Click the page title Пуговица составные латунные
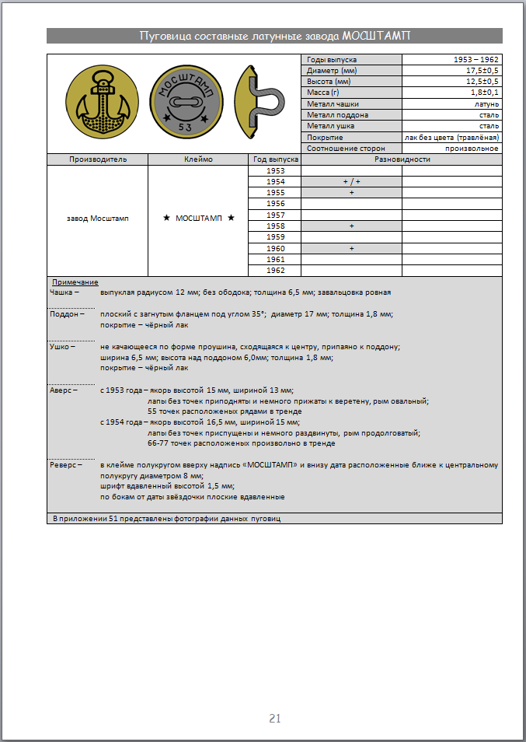pyautogui.click(x=274, y=36)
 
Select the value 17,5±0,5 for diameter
pyautogui.click(x=479, y=71)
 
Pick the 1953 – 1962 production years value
pyautogui.click(x=476, y=60)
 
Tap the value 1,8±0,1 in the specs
pyautogui.click(x=481, y=93)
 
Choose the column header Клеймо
pyautogui.click(x=197, y=159)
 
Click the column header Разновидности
pyautogui.click(x=402, y=159)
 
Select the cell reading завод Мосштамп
pyautogui.click(x=98, y=219)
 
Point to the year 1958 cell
pyautogui.click(x=275, y=226)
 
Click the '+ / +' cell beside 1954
pyautogui.click(x=351, y=181)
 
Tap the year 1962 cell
pyautogui.click(x=275, y=270)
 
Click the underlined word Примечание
pyautogui.click(x=75, y=282)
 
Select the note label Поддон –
pyautogui.click(x=66, y=314)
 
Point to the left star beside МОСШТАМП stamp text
pyautogui.click(x=166, y=219)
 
